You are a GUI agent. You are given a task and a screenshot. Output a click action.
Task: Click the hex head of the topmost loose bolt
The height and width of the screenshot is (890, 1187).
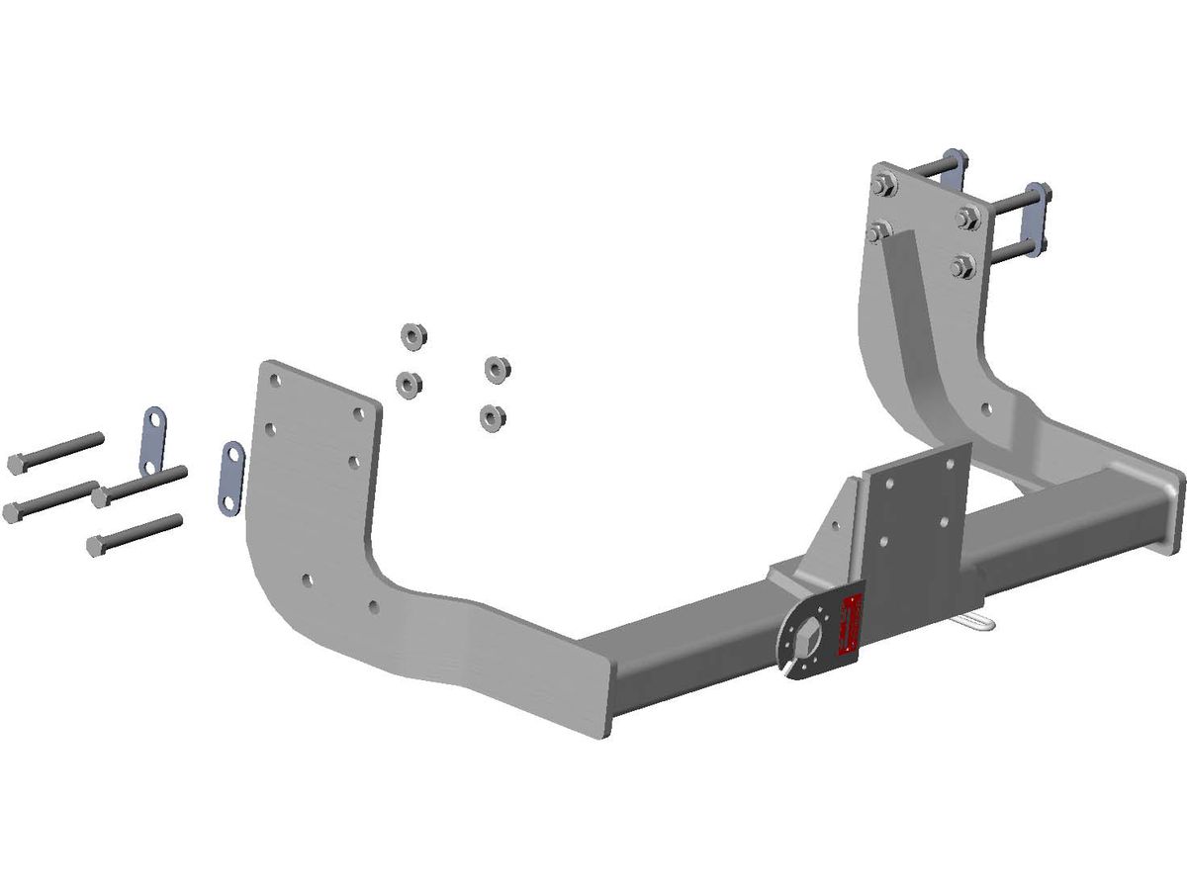point(17,463)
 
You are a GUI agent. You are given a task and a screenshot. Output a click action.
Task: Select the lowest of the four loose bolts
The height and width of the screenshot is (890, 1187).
point(134,534)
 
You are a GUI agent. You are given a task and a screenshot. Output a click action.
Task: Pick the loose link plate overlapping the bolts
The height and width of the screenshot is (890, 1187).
point(153,441)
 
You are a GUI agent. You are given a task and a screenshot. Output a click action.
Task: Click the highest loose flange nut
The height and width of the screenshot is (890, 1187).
point(411,336)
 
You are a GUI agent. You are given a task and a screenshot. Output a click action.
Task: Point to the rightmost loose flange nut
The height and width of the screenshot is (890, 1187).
point(498,369)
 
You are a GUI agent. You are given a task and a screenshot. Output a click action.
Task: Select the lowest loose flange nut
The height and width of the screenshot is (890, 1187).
point(489,416)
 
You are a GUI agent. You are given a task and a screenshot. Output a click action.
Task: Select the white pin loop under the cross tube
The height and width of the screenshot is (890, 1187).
point(979,623)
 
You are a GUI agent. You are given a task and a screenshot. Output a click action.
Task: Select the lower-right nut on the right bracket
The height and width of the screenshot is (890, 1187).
point(962,265)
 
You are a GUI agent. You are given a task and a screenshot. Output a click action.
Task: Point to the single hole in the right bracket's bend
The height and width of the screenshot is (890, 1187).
point(983,406)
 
